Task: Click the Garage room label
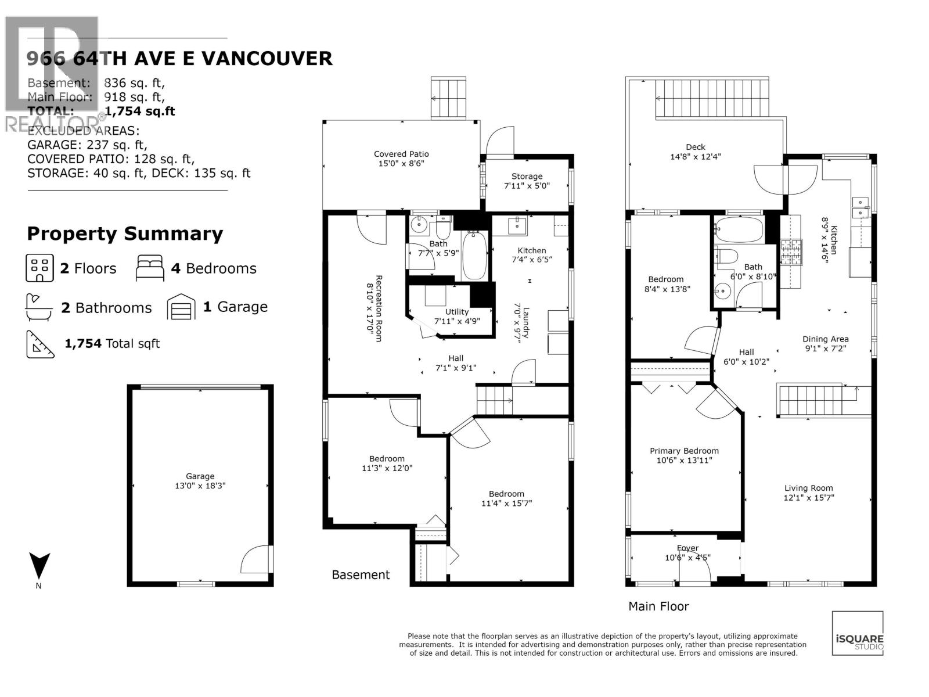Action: tap(200, 476)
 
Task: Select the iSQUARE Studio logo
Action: tap(858, 633)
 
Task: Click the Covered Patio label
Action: tap(401, 154)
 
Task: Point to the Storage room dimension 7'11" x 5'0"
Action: tap(527, 186)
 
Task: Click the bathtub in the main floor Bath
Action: tap(739, 230)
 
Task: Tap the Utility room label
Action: tap(457, 312)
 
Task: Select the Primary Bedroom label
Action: tap(684, 451)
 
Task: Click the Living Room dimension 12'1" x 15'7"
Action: tap(809, 498)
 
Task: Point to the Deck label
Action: tap(695, 147)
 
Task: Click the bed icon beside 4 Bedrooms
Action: tap(150, 268)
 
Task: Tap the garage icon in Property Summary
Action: tap(181, 307)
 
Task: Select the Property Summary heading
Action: tap(125, 233)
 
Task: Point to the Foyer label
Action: tap(687, 548)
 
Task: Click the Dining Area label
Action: tap(825, 339)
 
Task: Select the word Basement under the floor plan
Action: tap(361, 574)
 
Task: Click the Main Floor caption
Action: tap(658, 606)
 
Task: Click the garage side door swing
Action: tap(255, 559)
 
